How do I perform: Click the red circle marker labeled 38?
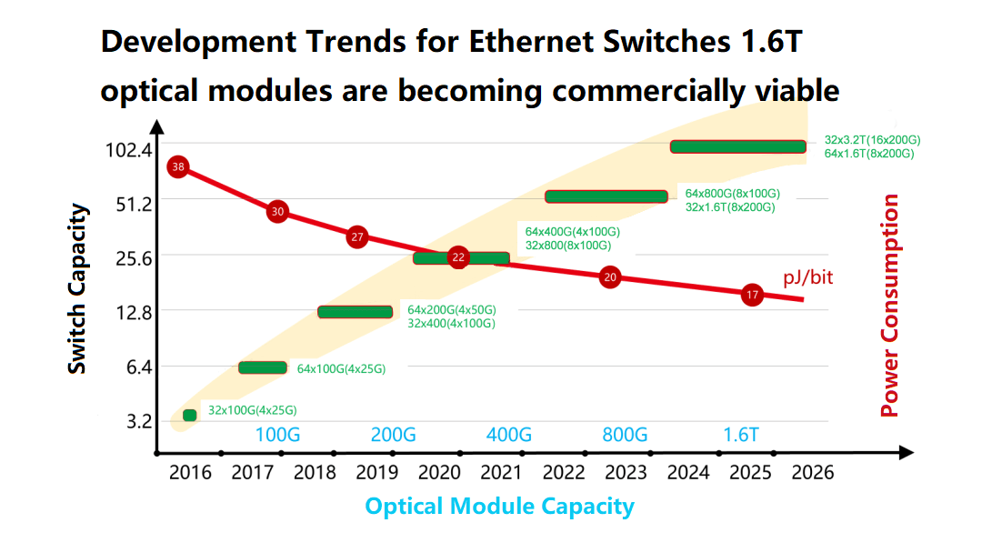[x=178, y=167]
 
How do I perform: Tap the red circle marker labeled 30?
[x=278, y=211]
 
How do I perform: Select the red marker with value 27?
[x=357, y=236]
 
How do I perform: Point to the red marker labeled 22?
[x=458, y=258]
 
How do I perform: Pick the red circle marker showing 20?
[x=610, y=277]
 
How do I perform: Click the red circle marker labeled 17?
[x=752, y=295]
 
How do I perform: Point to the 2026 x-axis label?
[x=811, y=473]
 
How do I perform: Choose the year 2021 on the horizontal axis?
[x=500, y=473]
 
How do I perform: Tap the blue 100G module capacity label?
[x=277, y=435]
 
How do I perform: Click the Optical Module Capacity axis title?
[x=499, y=507]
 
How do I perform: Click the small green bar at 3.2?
[x=189, y=416]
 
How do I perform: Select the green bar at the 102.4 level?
[x=737, y=146]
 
